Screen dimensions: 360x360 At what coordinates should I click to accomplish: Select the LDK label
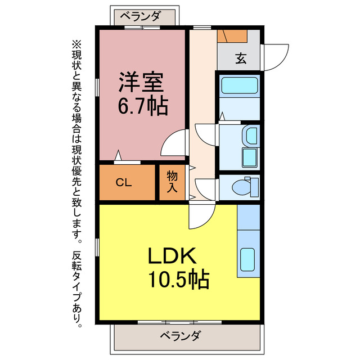coord(172,256)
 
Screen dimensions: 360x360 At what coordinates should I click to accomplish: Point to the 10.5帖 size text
coord(179,279)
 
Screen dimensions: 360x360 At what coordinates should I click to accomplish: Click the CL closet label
coord(124,182)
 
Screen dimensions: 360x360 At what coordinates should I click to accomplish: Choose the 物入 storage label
coord(172,182)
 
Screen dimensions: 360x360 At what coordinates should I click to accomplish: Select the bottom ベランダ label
coord(179,336)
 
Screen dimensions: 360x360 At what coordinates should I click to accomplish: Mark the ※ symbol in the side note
coord(76,43)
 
